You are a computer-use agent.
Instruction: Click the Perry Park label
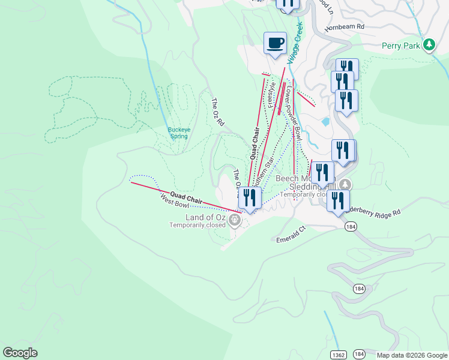tap(400, 46)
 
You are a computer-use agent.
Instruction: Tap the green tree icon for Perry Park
tap(429, 44)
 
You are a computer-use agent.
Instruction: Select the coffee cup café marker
tap(275, 43)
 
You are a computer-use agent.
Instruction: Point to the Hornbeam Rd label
tap(345, 27)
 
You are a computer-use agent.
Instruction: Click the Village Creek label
tap(295, 43)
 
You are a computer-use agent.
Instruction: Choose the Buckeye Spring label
tap(178, 133)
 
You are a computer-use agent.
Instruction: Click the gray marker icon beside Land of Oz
tap(235, 221)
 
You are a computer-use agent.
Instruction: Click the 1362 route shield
tap(339, 354)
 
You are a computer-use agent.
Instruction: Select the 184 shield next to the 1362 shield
tap(359, 354)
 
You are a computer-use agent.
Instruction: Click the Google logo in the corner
tap(20, 353)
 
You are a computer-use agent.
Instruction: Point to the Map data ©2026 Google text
tap(411, 355)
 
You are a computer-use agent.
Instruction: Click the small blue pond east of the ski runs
tap(325, 121)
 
